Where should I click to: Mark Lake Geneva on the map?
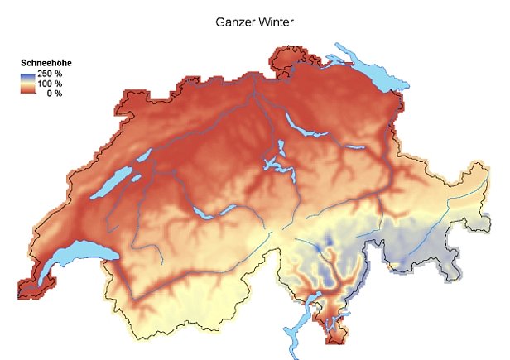pos(71,257)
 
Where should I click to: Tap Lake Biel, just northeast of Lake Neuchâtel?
pos(143,156)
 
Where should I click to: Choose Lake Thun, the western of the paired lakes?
pos(203,213)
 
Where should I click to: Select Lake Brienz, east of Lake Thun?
pos(228,207)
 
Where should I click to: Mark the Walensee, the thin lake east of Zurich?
pos(355,147)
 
